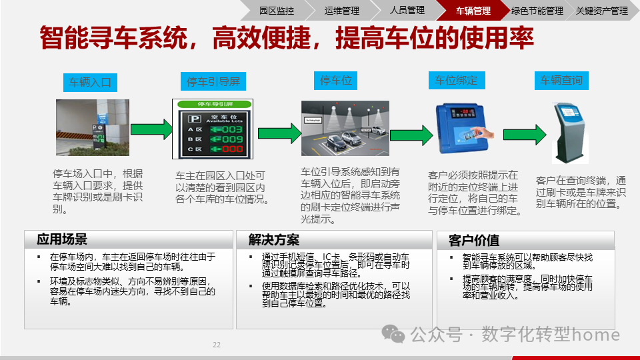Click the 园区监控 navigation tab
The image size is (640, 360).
[x=276, y=11]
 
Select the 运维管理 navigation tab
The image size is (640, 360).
[x=341, y=11]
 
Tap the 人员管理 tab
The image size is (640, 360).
[x=407, y=11]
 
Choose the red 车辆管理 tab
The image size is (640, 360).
[x=473, y=11]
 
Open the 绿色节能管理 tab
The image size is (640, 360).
[x=537, y=11]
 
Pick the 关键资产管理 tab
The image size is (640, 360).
[x=601, y=11]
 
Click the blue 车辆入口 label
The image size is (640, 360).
[x=90, y=83]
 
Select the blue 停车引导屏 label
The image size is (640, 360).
[x=213, y=82]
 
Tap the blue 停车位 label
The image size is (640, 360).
[x=336, y=81]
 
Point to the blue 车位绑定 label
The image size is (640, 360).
[x=456, y=81]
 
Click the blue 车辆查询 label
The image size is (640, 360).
[x=561, y=81]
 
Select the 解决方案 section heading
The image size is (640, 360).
[x=274, y=240]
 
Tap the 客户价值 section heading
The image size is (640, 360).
[x=474, y=240]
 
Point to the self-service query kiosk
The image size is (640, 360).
[x=568, y=133]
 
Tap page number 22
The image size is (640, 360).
[x=217, y=345]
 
